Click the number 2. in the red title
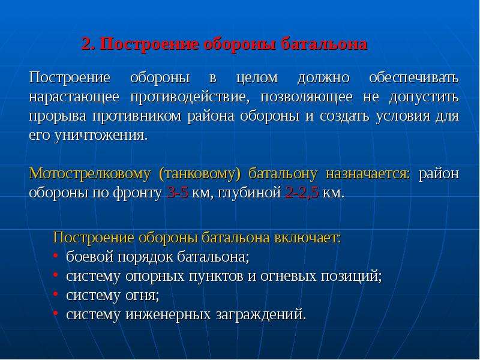pyautogui.click(x=88, y=44)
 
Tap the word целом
pyautogui.click(x=257, y=78)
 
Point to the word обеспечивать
pyautogui.click(x=414, y=78)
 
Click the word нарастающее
pyautogui.click(x=74, y=97)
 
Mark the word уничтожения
pyautogui.click(x=101, y=136)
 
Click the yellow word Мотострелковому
pyautogui.click(x=89, y=174)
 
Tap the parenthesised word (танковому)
pyautogui.click(x=200, y=174)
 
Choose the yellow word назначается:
pyautogui.click(x=368, y=174)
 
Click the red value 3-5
pyautogui.click(x=178, y=193)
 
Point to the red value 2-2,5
pyautogui.click(x=302, y=193)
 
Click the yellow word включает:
pyautogui.click(x=307, y=238)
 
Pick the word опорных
pyautogui.click(x=155, y=277)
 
